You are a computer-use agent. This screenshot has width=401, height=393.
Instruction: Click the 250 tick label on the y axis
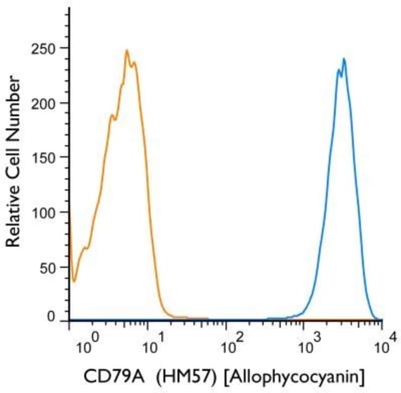tap(44, 49)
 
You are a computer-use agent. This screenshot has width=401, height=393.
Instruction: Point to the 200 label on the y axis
tap(44, 102)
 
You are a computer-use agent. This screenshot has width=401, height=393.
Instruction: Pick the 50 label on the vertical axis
tap(48, 267)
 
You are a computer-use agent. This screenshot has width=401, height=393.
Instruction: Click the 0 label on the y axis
tap(52, 316)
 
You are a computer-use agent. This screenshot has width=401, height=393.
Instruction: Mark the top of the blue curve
tap(344, 59)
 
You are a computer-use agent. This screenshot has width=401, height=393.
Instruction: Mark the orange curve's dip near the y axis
tap(74, 281)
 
